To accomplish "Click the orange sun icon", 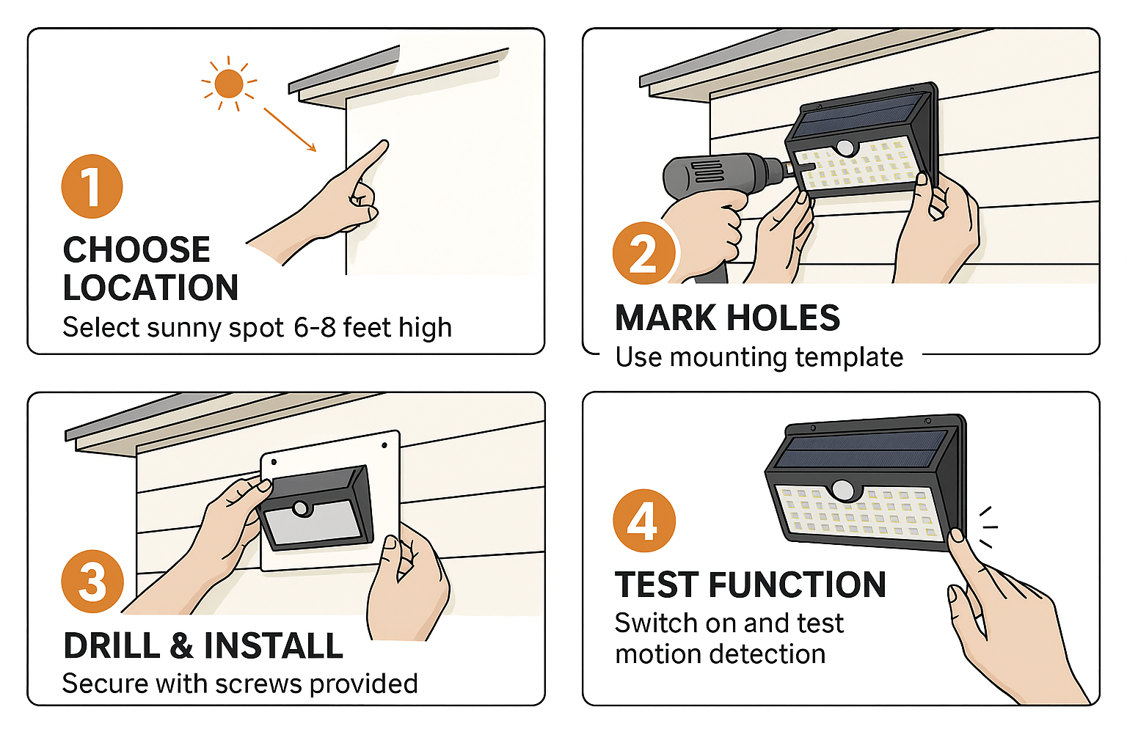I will point(229,84).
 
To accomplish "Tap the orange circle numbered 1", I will point(92,186).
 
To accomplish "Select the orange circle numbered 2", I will point(643,254).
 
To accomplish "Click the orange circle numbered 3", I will point(92,582).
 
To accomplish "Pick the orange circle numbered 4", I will point(643,521).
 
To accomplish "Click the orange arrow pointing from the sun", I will point(290,130).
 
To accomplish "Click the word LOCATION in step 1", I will point(150,287).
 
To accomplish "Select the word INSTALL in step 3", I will point(273,646).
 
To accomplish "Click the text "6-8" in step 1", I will point(314,327).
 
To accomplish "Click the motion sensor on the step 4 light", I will point(845,490).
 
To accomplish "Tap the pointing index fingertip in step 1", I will point(383,144).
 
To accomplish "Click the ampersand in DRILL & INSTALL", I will point(181,646).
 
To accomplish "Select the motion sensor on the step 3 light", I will point(300,508).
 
